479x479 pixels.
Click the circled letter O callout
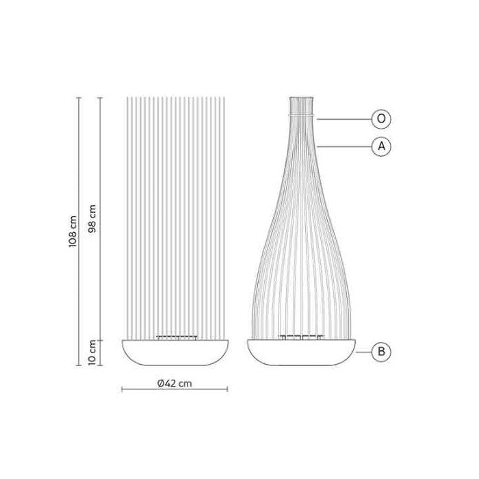coord(381,119)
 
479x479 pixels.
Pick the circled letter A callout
coord(381,146)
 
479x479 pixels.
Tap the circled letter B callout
coord(381,352)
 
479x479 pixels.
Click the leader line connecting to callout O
coord(346,119)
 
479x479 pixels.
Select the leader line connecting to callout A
coord(346,146)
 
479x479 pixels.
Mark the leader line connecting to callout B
coord(365,352)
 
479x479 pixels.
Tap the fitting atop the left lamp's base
coord(176,337)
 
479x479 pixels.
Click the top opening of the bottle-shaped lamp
coord(301,99)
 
